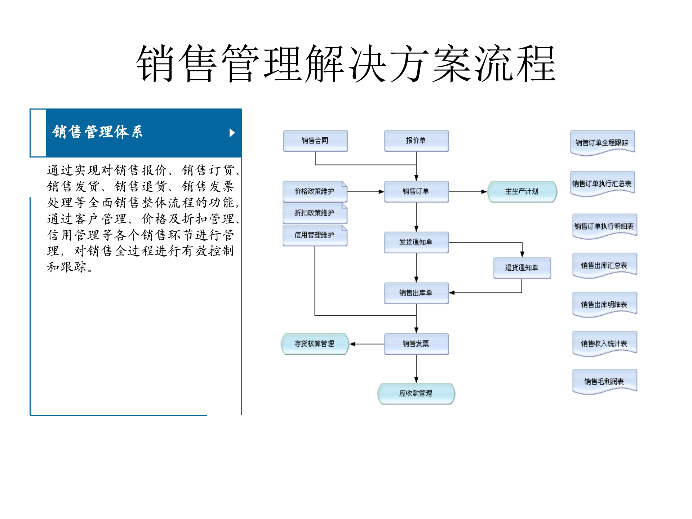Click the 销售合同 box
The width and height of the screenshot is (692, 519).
tap(315, 141)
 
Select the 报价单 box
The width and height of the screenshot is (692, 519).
tap(416, 141)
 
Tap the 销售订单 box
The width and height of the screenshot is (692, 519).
tap(416, 191)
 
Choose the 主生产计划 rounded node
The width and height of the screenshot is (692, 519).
tap(522, 191)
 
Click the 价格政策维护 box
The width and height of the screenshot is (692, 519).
tap(315, 191)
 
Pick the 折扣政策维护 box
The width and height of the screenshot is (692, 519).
tap(315, 213)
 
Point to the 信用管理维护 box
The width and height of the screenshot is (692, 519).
tap(315, 235)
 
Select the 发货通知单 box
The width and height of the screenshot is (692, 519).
tap(416, 242)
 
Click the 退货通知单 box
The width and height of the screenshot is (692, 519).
tap(522, 268)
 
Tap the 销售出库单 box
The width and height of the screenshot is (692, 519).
tap(416, 293)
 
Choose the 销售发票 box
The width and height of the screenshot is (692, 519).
tap(416, 344)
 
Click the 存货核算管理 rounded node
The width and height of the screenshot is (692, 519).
tap(315, 344)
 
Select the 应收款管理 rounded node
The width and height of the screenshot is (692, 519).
tap(416, 393)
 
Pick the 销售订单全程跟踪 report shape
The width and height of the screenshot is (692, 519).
tap(602, 143)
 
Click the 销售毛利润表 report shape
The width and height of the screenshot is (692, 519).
tap(604, 381)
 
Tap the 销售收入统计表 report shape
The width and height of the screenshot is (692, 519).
tap(604, 343)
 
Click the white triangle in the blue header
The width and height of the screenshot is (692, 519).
tap(232, 133)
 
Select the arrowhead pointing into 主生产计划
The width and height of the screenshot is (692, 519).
tap(484, 192)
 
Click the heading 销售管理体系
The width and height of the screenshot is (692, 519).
tap(98, 132)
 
